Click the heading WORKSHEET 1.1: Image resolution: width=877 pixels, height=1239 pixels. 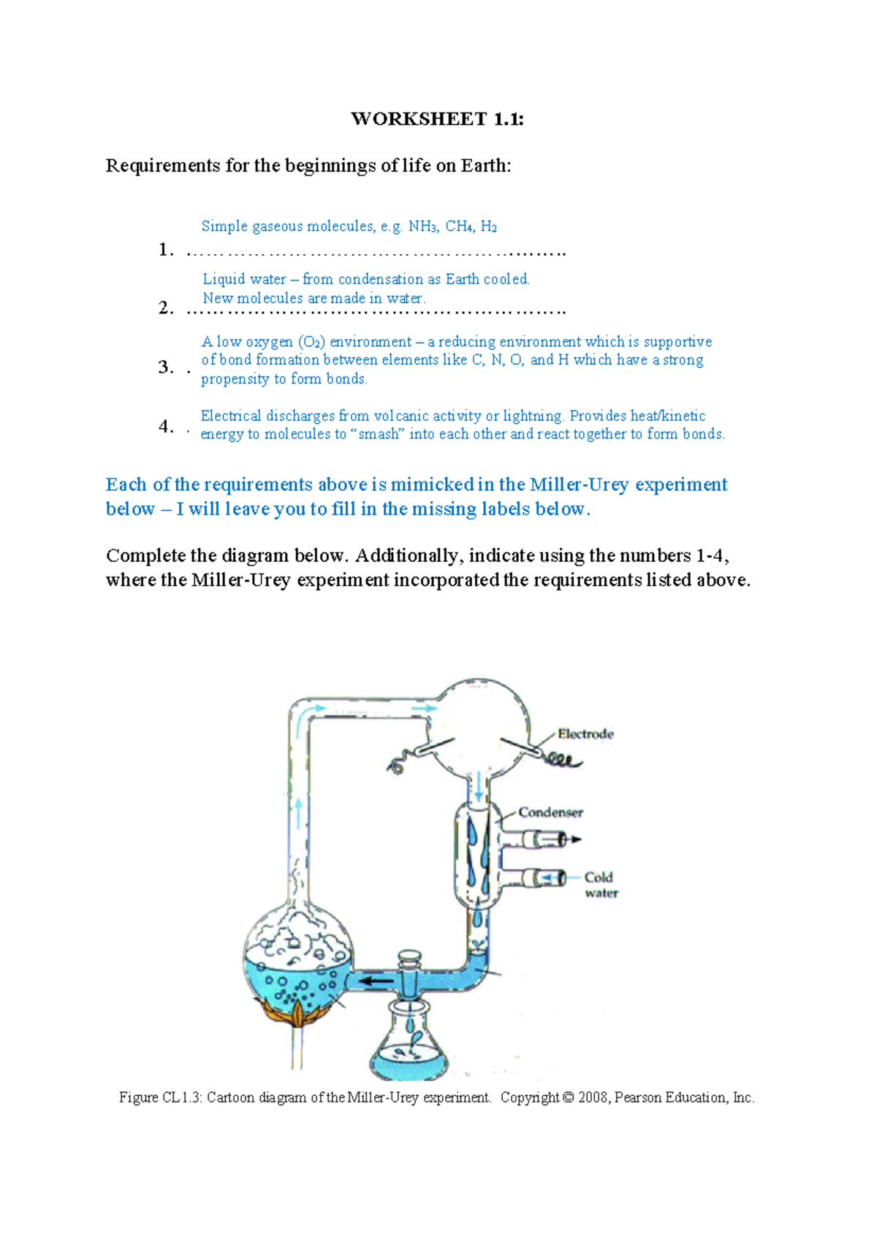point(437,119)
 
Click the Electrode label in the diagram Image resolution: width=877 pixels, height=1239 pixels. point(585,734)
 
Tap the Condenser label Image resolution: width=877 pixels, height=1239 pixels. point(550,812)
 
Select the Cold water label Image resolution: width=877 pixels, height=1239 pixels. point(601,885)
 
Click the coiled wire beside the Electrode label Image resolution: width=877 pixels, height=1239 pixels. point(563,760)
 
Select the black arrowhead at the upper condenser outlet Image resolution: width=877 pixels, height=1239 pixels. point(576,839)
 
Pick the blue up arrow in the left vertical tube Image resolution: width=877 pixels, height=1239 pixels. point(299,812)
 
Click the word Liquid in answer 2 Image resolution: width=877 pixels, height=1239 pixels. point(224,279)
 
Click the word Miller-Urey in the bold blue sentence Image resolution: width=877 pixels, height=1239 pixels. point(579,484)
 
